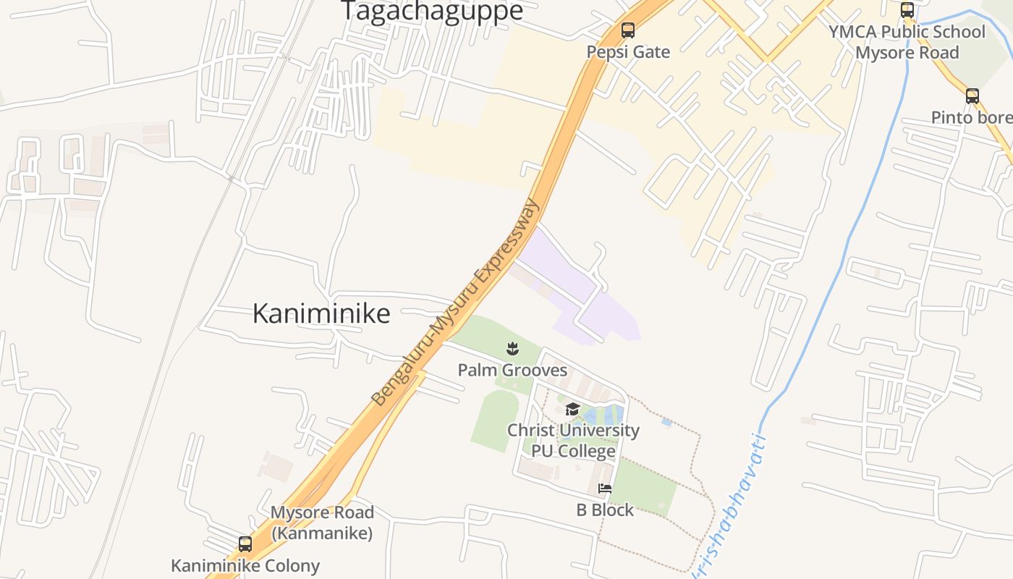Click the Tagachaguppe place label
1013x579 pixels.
[431, 12]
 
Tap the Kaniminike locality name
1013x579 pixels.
[321, 313]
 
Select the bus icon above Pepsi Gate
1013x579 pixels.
[628, 30]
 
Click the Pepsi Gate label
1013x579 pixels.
[628, 52]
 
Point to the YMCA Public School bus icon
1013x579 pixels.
[907, 10]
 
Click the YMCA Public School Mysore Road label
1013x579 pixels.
[907, 42]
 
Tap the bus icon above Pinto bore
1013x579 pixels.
[972, 96]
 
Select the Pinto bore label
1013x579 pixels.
[971, 117]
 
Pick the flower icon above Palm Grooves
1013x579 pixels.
[512, 350]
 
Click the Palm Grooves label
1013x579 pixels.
[512, 371]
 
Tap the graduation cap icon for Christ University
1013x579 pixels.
[572, 410]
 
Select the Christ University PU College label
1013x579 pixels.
[573, 441]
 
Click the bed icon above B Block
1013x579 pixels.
[605, 489]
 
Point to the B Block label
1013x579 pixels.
[605, 510]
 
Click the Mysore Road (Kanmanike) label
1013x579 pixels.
[322, 523]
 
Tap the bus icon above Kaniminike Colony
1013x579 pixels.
[245, 544]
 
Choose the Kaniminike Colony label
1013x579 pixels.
[245, 565]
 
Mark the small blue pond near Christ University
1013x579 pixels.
[666, 422]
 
